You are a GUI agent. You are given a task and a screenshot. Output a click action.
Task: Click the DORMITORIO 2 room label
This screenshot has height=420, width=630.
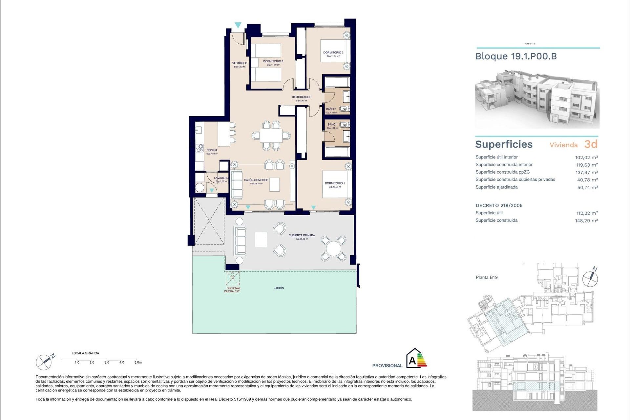[x=333, y=52]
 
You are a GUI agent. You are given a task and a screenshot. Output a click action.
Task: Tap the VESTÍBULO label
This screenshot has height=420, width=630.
[x=240, y=63]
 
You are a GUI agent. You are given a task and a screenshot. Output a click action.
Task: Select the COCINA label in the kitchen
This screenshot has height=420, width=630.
[x=212, y=150]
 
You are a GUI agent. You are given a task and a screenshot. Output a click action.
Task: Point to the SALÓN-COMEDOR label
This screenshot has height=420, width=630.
[x=256, y=180]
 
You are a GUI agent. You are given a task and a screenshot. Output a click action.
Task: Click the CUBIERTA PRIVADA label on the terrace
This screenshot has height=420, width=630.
[x=302, y=235]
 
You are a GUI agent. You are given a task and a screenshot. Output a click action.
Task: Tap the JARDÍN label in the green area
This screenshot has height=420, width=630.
[x=279, y=288]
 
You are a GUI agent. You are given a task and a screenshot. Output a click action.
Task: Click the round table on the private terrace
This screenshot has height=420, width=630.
[x=333, y=249]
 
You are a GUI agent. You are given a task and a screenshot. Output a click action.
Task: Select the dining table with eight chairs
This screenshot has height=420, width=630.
[x=271, y=135]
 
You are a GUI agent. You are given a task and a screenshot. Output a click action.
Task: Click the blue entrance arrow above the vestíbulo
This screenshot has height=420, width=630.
[x=238, y=25]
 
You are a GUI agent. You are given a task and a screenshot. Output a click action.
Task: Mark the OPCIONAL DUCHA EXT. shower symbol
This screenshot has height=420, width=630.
[x=232, y=278]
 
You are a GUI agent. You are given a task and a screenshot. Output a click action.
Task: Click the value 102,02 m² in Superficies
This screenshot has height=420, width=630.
[x=586, y=157]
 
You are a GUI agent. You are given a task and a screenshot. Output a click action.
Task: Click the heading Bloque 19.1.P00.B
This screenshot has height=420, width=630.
[x=516, y=56]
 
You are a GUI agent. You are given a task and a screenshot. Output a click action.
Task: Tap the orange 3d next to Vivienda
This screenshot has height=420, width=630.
[x=591, y=144]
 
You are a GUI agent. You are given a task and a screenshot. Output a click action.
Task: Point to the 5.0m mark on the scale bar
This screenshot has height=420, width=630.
[x=138, y=362]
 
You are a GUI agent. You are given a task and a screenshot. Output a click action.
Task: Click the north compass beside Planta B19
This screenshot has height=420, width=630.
[x=590, y=279]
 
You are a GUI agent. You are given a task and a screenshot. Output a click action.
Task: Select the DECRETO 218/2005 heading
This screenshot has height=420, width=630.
[x=499, y=205]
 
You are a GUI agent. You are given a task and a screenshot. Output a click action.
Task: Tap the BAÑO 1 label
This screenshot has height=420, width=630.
[x=332, y=125]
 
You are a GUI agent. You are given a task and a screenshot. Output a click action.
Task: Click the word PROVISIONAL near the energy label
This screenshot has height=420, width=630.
[x=387, y=366]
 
